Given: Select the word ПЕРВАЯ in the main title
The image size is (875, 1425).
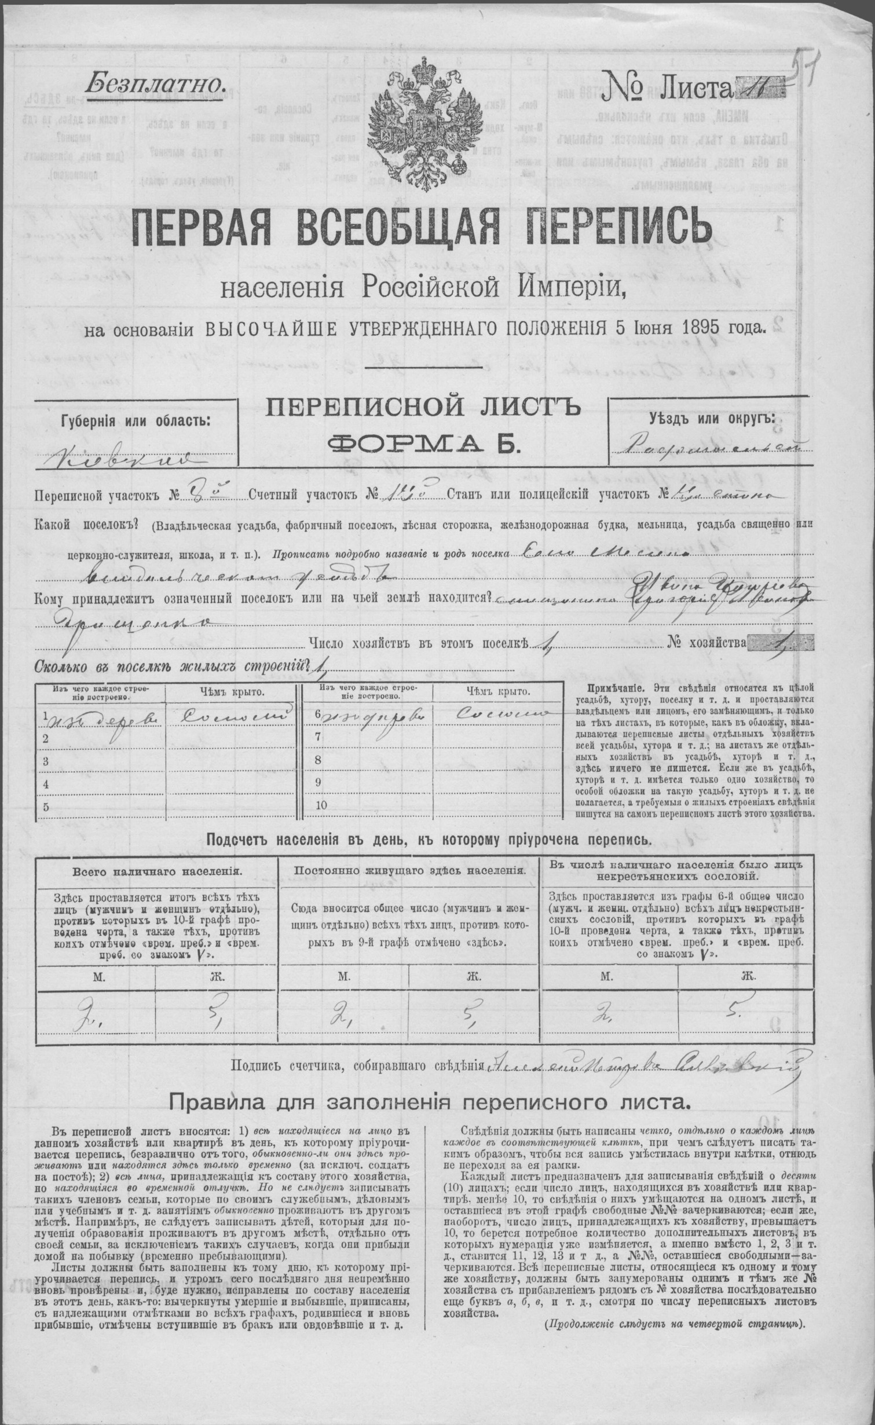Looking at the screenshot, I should point(204,227).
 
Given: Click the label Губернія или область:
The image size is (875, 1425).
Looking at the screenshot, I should point(136,420).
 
